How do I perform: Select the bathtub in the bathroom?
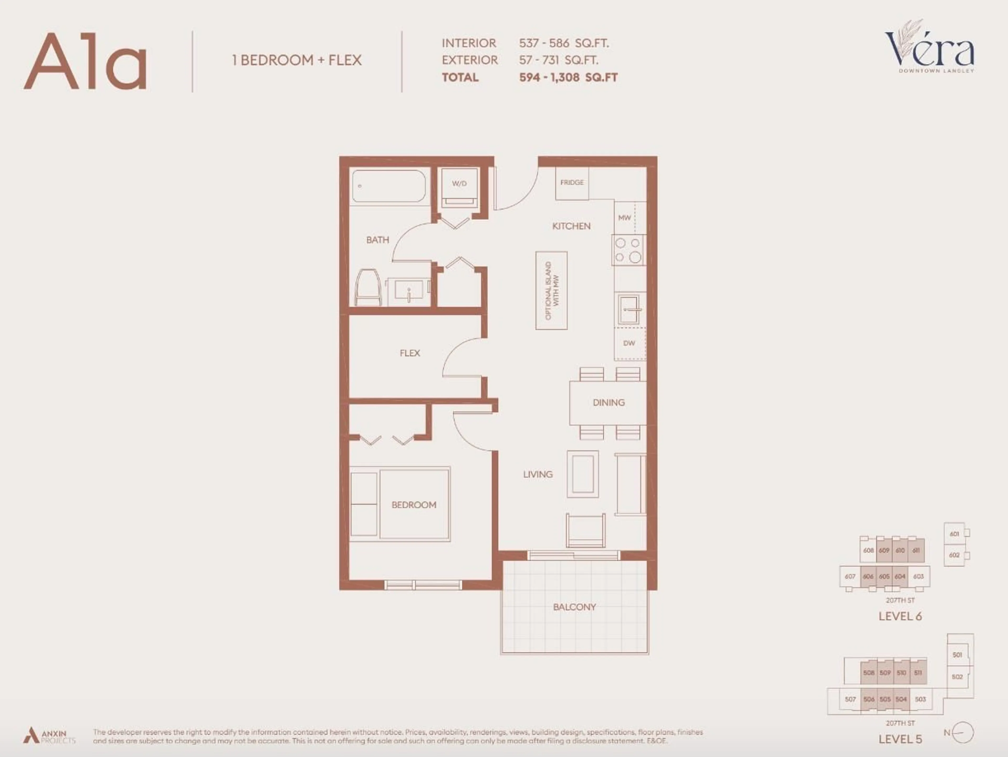click(x=389, y=186)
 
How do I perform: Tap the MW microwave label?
click(x=624, y=218)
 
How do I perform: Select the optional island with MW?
click(x=552, y=290)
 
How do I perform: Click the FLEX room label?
click(x=410, y=353)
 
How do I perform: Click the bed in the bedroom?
click(x=414, y=504)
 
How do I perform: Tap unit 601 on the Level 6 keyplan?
click(x=954, y=534)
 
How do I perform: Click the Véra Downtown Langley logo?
click(x=930, y=48)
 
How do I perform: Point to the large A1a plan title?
click(x=86, y=61)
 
